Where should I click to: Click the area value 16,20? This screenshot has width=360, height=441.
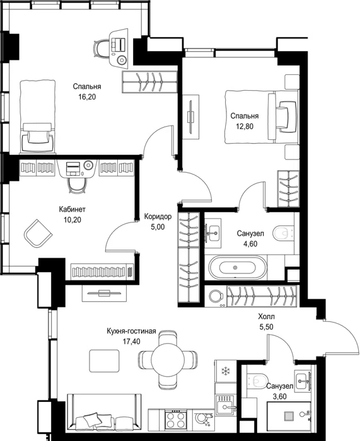point(87,97)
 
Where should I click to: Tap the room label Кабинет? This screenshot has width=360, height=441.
point(73,209)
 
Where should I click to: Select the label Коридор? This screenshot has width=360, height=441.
point(158,217)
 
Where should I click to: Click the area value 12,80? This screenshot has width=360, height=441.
point(245,127)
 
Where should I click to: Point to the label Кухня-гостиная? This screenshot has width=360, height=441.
point(131,331)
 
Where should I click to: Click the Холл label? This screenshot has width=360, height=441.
point(266,317)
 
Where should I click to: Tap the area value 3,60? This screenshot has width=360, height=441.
point(280,396)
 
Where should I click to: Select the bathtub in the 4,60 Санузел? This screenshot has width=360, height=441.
point(237,268)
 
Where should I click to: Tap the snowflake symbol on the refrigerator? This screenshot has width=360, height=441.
point(225,371)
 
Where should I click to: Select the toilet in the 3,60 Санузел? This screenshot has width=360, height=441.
point(257,381)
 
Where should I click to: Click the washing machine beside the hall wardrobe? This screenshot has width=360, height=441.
point(216,297)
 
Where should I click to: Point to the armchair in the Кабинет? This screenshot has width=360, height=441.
point(38,233)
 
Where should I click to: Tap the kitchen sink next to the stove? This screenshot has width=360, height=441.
point(224,404)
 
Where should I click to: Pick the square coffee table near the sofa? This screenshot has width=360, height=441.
point(104,361)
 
